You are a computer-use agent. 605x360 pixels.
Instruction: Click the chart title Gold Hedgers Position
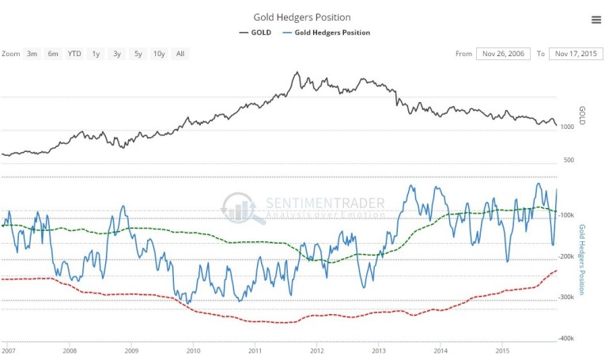302,17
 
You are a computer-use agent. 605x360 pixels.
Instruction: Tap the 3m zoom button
32,54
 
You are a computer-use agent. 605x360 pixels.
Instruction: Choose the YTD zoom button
74,54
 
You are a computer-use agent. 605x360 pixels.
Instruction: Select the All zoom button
180,54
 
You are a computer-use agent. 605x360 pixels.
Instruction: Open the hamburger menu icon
596,20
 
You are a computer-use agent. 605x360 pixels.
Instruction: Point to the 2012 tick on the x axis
317,349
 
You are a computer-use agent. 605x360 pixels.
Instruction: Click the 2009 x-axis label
131,349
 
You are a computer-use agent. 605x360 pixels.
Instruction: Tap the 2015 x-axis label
502,349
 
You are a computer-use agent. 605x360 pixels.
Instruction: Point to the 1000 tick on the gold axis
566,127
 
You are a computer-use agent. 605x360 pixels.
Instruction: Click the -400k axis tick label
566,338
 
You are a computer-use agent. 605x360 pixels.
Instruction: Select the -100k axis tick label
566,214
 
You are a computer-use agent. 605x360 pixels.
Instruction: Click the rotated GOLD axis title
582,116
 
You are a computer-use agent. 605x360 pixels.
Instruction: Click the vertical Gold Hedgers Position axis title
583,260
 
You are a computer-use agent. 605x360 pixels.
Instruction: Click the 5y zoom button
138,54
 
